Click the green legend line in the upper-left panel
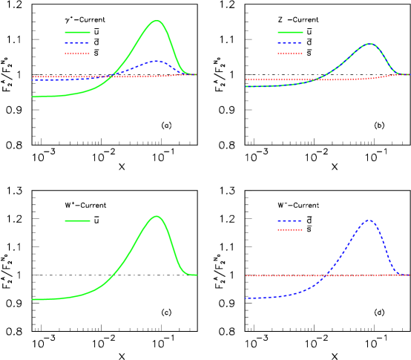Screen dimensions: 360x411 [x=77, y=32]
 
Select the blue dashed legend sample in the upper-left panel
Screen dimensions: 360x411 [x=77, y=43]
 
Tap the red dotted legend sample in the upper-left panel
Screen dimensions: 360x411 [x=77, y=53]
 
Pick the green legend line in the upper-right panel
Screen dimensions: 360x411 [x=290, y=32]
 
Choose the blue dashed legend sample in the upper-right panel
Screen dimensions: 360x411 [x=290, y=43]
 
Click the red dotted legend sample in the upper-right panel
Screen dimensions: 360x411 [x=290, y=53]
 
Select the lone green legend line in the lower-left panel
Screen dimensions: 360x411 [x=77, y=220]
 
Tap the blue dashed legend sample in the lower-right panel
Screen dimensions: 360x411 [x=290, y=220]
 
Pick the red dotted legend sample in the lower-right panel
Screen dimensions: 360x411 [x=290, y=229]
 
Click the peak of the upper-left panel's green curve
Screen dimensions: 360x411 [x=156, y=21]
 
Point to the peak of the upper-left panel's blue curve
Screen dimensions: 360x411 [x=155, y=61]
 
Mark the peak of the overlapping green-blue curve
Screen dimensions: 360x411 [x=369, y=44]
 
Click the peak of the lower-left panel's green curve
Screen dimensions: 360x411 [x=156, y=216]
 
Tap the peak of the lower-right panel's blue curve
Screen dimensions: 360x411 [x=369, y=220]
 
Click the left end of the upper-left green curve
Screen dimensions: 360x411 [x=33, y=96]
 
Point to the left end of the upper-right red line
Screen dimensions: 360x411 [x=246, y=79]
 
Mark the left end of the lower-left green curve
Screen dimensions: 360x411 [x=33, y=299]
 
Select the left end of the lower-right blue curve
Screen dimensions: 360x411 [x=246, y=298]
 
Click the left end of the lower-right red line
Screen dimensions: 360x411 [x=246, y=276]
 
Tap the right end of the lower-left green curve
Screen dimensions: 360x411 [x=197, y=275]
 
